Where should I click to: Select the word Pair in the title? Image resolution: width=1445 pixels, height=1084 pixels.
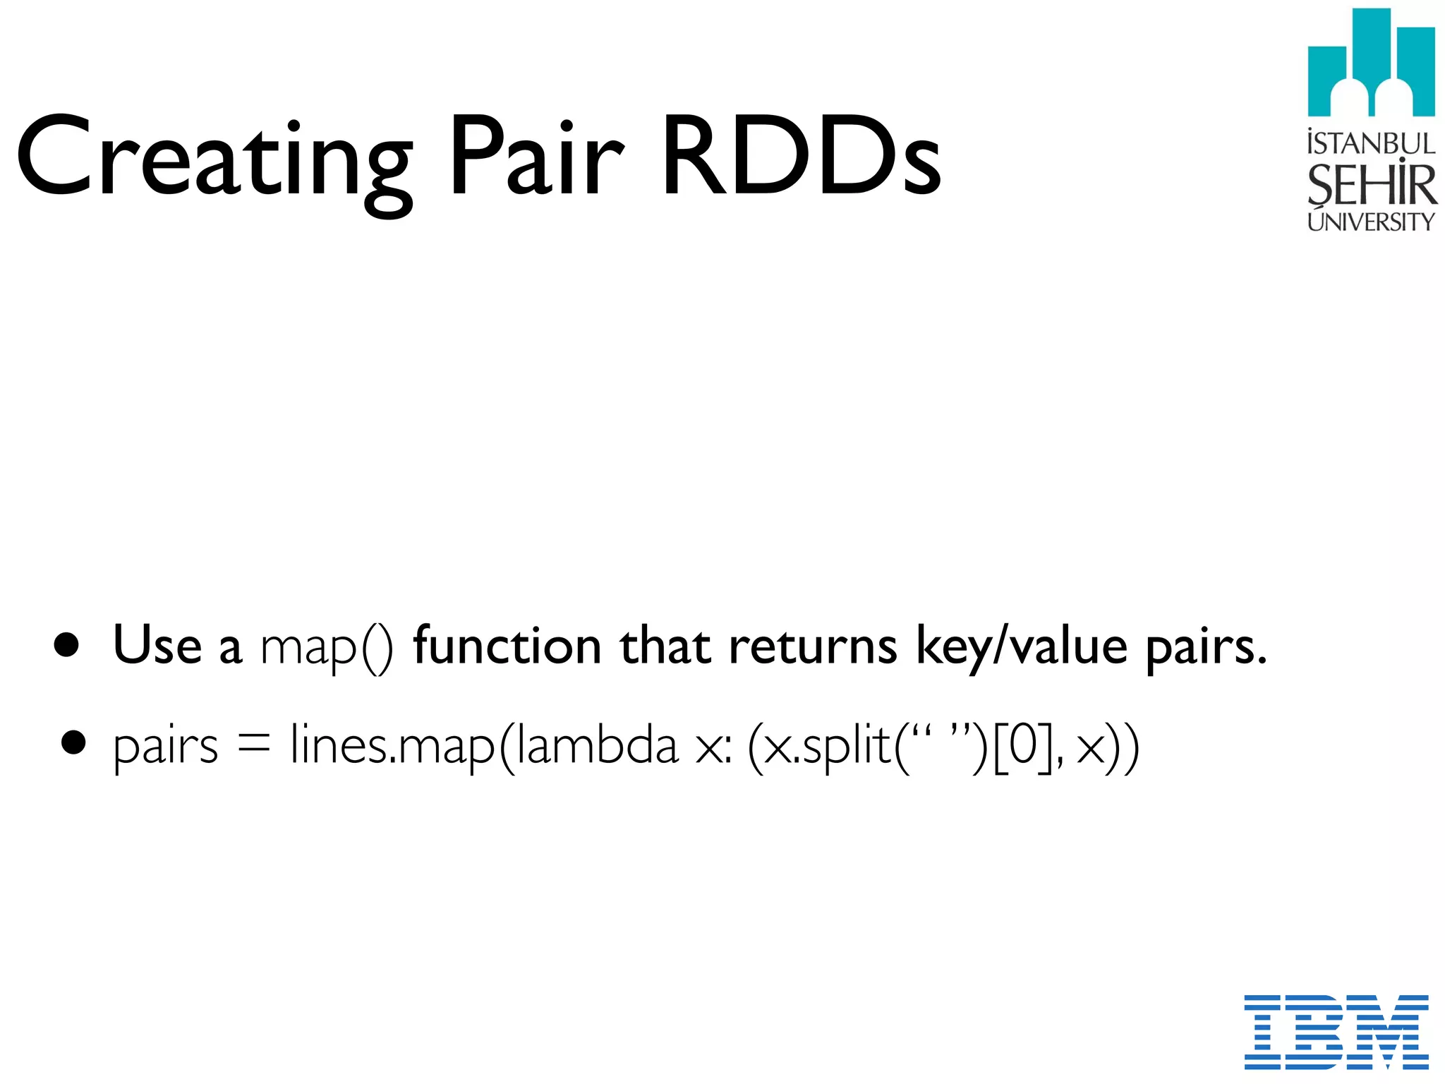[x=536, y=155]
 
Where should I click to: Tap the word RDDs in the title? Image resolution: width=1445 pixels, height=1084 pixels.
[x=801, y=155]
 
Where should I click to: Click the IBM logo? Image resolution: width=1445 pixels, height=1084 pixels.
[x=1336, y=1031]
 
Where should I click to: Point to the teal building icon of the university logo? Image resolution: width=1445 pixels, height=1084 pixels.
[x=1371, y=64]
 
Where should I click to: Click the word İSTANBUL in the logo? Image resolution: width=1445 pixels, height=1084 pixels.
[x=1371, y=143]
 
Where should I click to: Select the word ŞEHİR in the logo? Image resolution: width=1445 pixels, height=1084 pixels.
[x=1371, y=185]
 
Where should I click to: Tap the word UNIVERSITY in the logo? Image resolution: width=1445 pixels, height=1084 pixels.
[x=1371, y=222]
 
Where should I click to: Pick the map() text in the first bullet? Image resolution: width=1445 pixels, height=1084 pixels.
[x=327, y=647]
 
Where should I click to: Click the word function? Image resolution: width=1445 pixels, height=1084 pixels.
[x=507, y=646]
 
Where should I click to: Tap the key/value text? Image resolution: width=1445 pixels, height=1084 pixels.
[x=1022, y=647]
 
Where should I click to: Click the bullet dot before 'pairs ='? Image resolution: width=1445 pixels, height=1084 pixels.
[x=73, y=743]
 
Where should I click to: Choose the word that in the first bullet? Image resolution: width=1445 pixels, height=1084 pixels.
[x=665, y=646]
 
